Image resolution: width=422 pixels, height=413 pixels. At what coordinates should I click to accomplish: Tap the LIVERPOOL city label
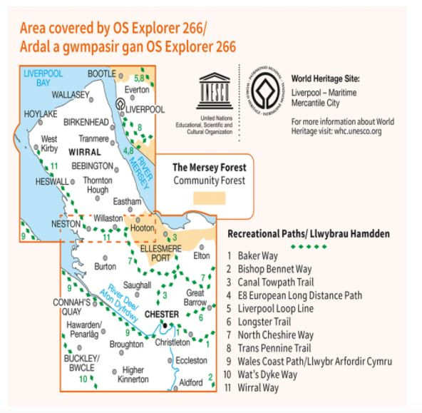point(145,109)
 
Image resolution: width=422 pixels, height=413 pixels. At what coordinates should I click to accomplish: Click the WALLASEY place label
point(69,93)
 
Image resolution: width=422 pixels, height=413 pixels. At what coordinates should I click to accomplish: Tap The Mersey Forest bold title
point(209,167)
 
